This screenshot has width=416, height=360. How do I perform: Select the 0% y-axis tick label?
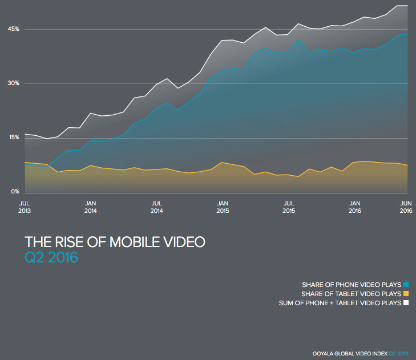tap(15, 192)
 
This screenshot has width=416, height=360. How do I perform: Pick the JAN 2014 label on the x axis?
tap(91, 207)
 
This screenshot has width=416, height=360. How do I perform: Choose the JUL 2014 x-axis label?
tap(157, 207)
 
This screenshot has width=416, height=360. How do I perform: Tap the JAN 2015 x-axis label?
tap(223, 207)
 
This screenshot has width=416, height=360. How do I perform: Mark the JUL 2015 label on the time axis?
tap(289, 207)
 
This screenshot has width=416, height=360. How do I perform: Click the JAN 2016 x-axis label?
tap(355, 207)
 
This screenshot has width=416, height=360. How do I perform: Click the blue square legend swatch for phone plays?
tap(406, 284)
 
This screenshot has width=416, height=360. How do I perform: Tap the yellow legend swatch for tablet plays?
tap(406, 293)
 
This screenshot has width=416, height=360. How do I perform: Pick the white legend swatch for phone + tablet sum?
tap(406, 303)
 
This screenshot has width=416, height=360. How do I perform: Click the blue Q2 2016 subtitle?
tap(51, 257)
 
